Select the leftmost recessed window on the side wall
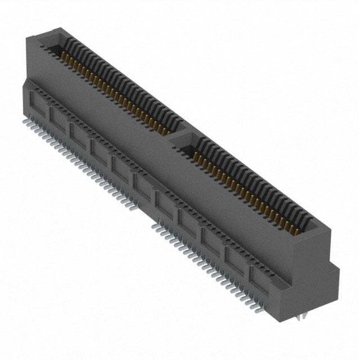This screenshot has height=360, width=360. (38, 105)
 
